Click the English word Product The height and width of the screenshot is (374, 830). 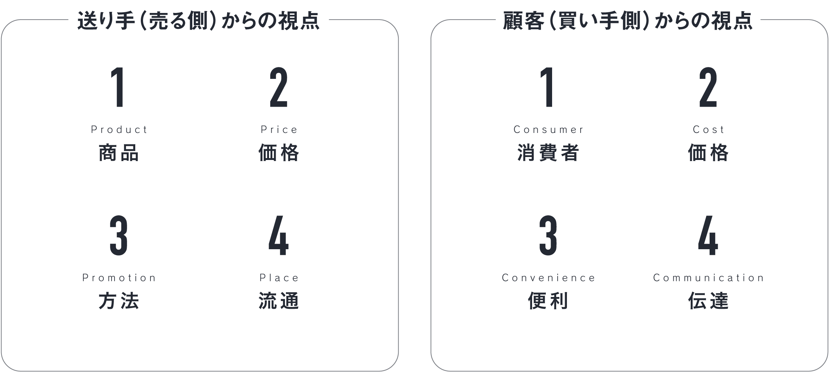point(119,130)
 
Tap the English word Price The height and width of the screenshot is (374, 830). point(279,130)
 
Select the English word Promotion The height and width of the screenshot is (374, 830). point(119,278)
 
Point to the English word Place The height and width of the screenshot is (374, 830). point(279,278)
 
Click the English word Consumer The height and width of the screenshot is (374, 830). point(548,130)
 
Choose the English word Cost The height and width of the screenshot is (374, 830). point(708,130)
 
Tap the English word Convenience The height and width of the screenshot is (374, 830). point(548,278)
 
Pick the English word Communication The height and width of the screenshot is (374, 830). point(708,278)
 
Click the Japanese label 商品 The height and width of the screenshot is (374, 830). point(119,153)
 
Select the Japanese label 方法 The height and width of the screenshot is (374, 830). point(119,301)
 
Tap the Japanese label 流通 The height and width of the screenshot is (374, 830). point(279,301)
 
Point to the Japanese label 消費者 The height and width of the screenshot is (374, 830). point(548,153)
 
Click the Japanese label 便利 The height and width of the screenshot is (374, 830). point(548,301)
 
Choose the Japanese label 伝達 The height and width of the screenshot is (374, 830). point(708,301)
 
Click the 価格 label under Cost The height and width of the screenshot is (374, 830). point(708,153)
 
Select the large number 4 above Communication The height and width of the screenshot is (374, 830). point(708,236)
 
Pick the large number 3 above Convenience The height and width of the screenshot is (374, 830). point(548,236)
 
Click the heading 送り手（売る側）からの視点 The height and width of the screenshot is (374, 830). point(199,20)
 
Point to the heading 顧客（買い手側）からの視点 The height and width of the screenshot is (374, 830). point(628,20)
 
